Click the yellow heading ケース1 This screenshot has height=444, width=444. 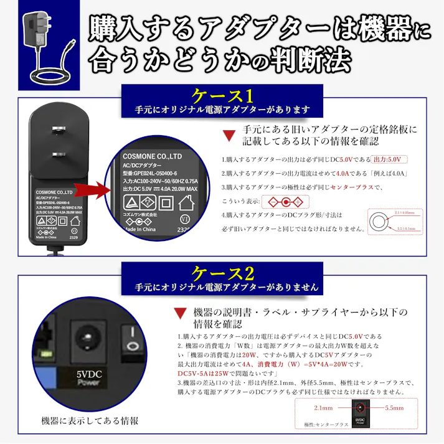[x=222, y=96]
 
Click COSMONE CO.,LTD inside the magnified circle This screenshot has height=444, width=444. [x=152, y=156]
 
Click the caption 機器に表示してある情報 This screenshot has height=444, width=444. [x=90, y=420]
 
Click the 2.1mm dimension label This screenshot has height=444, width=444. [x=323, y=408]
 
